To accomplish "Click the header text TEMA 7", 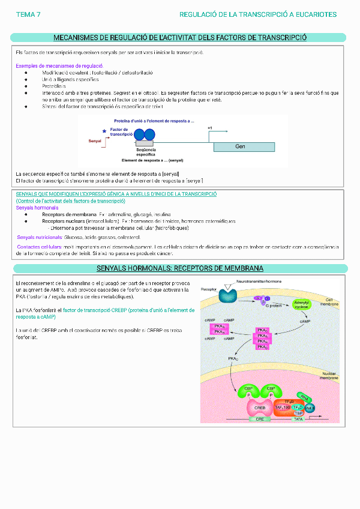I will (x=28, y=14).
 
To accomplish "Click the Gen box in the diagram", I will (x=240, y=146).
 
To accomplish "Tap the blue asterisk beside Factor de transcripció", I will (x=104, y=131).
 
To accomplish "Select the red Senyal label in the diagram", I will (x=94, y=140).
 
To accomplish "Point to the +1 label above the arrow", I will (x=209, y=128).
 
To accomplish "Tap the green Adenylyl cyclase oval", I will (x=301, y=305).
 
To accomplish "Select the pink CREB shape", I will (x=260, y=408).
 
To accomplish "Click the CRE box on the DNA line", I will (x=260, y=419).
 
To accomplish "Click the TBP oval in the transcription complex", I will (x=298, y=413).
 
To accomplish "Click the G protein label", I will (x=274, y=306).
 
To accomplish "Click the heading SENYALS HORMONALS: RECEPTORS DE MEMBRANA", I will (x=180, y=268).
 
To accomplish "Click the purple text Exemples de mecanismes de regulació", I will (x=59, y=65).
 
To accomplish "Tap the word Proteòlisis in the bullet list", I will (x=54, y=86).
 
